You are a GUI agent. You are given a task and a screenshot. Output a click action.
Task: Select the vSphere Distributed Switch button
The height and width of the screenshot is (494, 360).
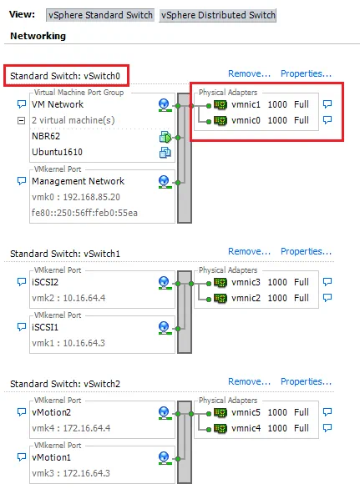pyautogui.click(x=217, y=15)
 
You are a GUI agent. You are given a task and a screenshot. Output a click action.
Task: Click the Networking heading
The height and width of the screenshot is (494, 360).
pyautogui.click(x=38, y=36)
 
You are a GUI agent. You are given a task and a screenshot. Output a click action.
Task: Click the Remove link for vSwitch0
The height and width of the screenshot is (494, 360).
pyautogui.click(x=249, y=73)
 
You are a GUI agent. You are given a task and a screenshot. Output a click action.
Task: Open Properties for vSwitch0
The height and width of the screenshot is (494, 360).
pyautogui.click(x=306, y=73)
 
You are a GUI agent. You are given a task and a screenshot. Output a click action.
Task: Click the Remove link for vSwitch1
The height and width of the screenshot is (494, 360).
pyautogui.click(x=249, y=251)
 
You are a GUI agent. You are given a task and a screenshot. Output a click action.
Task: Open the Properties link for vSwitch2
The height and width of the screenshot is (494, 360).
pyautogui.click(x=306, y=382)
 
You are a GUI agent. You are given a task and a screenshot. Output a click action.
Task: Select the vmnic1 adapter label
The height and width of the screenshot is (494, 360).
pyautogui.click(x=246, y=105)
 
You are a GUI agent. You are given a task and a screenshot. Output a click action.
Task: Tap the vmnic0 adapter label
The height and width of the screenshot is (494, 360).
pyautogui.click(x=246, y=120)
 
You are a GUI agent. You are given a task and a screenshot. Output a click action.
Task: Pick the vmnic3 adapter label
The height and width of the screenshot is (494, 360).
pyautogui.click(x=246, y=282)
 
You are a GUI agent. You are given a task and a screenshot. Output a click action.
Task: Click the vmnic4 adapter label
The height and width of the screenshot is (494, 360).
pyautogui.click(x=246, y=427)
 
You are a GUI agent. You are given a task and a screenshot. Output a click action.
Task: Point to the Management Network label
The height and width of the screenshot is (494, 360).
pyautogui.click(x=78, y=180)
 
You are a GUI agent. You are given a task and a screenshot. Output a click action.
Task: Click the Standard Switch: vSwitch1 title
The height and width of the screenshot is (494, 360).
pyautogui.click(x=65, y=253)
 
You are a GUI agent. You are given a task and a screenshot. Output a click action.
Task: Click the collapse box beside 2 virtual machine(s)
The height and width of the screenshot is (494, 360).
pyautogui.click(x=22, y=120)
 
